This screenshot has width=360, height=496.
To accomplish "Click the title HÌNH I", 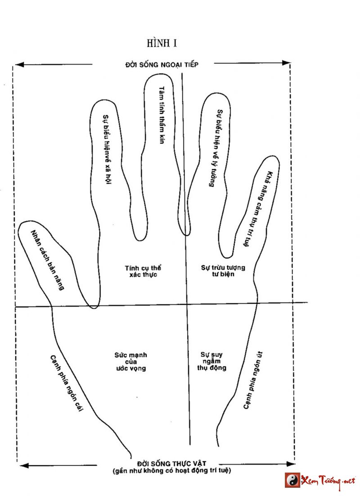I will pos(162,43).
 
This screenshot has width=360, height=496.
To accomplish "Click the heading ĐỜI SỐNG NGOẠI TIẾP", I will pos(162,65).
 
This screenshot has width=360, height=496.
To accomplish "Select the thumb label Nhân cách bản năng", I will pos(47,260).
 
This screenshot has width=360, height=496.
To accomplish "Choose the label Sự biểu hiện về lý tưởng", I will pos(215,149).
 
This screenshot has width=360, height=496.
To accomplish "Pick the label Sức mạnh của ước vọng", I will pos(130,361).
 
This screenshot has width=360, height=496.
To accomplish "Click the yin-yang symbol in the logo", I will pos(292,480).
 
